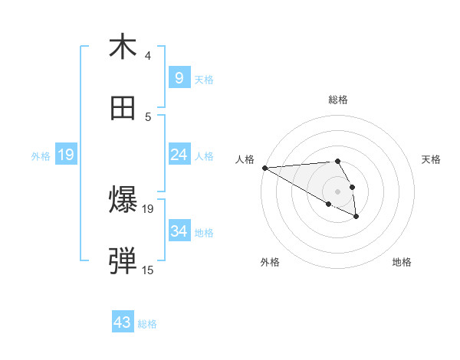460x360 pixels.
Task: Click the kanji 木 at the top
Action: (123, 47)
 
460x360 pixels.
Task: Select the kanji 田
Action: (123, 109)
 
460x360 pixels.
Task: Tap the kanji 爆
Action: (123, 201)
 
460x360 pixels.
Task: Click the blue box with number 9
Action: (179, 77)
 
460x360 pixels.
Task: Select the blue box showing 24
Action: (179, 155)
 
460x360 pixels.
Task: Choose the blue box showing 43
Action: (123, 322)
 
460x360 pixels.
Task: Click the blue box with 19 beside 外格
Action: (66, 155)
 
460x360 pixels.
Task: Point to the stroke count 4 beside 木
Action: (148, 55)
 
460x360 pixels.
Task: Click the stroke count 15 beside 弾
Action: (148, 270)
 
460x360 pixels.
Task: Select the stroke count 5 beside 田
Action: (148, 116)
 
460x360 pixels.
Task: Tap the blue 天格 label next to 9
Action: (204, 79)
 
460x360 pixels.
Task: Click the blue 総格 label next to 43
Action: (147, 324)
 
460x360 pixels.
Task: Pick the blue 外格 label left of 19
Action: (41, 156)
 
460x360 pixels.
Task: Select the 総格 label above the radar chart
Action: (337, 100)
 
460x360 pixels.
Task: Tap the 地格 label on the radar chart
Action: (402, 262)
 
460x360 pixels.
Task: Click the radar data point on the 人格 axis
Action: (264, 168)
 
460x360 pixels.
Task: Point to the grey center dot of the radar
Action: (337, 191)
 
